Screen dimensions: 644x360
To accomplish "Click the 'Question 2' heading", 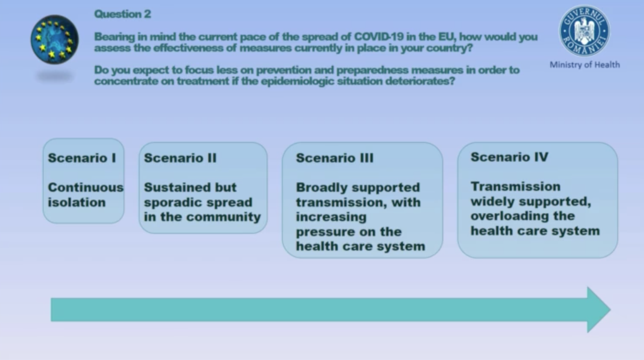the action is click(122, 14).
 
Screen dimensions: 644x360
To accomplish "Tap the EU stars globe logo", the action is click(55, 40).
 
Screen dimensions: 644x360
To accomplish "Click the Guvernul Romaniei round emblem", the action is click(584, 31).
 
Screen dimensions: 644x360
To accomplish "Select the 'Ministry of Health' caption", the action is click(585, 65).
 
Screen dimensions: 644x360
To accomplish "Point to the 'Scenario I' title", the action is click(82, 158).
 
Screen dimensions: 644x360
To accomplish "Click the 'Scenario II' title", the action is click(180, 158).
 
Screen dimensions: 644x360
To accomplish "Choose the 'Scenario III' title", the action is click(334, 158).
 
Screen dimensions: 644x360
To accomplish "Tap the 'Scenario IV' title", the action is click(509, 157).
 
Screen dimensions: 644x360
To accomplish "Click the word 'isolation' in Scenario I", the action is click(77, 202).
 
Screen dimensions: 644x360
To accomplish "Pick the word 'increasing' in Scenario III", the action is click(331, 217).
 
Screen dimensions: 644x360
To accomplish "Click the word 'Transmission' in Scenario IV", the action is click(516, 187).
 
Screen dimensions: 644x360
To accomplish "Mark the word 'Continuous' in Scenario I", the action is click(86, 187).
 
